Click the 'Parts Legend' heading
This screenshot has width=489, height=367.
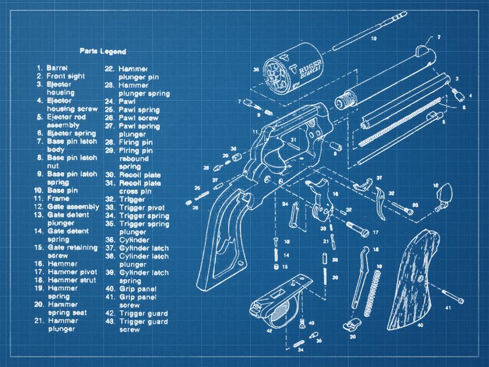point(103,52)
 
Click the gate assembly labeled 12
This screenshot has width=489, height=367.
point(444,194)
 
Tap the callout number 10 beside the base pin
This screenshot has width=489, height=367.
point(374,39)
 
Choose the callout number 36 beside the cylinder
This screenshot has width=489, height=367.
point(256,70)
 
